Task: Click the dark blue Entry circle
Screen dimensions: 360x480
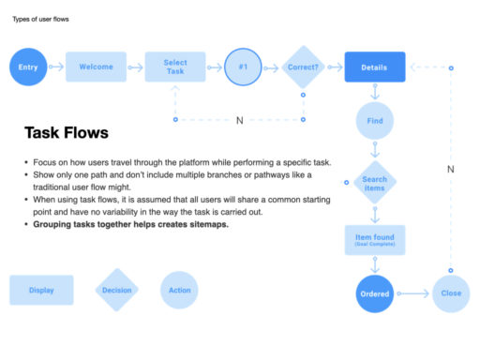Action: [x=28, y=67]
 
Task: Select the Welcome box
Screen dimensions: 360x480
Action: [x=96, y=67]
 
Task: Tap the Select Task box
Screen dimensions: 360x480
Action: [x=175, y=67]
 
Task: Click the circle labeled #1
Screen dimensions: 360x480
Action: [x=243, y=67]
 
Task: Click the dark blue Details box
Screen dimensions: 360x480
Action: [x=375, y=67]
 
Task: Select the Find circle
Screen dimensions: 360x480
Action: [x=375, y=121]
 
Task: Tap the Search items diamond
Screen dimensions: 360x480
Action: [x=375, y=183]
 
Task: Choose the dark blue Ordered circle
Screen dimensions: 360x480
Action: [x=375, y=293]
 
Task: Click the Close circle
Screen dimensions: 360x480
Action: [x=451, y=293]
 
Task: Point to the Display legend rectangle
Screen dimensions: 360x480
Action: [x=41, y=291]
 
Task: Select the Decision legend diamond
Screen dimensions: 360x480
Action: [x=117, y=291]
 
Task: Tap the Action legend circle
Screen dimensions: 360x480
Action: [x=179, y=291]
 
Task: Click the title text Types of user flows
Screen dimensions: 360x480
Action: [x=39, y=19]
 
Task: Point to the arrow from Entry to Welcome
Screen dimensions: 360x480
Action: [x=57, y=67]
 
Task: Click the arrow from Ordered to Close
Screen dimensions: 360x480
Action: [x=413, y=293]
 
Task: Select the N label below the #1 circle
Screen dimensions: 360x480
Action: [x=239, y=120]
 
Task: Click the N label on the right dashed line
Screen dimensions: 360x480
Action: [x=451, y=170]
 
